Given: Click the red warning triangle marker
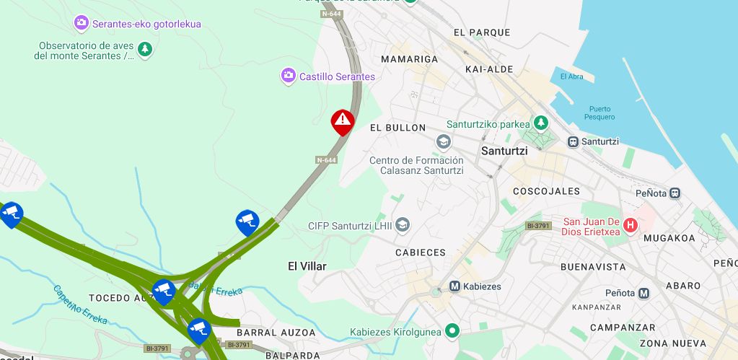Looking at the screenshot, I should pos(343,120).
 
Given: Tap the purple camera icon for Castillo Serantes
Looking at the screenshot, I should pos(289,76).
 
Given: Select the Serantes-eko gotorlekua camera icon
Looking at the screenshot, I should pos(82,24).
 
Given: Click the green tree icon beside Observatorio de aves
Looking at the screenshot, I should pos(145,49).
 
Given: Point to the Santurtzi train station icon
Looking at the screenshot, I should pos(573,141).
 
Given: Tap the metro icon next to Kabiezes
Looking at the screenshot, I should pos(455,286).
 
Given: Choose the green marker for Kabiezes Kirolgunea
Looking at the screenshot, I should pos(452,331).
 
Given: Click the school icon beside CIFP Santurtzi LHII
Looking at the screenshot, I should pos(403,226).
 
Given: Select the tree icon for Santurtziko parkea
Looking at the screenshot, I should pos(540,123).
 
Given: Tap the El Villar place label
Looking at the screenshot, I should pos(307,266).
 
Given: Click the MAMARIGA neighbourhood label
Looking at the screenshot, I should pos(409,58).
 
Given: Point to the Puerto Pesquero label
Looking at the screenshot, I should pos(600,113).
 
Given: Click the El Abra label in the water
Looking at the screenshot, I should pos(571,77).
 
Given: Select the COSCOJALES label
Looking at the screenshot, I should pos(546,191).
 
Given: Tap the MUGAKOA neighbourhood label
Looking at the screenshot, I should pos(669,237).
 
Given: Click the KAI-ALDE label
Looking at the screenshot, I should pos(489,69).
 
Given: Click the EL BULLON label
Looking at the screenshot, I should pos(397,128).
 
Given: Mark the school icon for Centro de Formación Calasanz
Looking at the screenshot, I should pos(443,141).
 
